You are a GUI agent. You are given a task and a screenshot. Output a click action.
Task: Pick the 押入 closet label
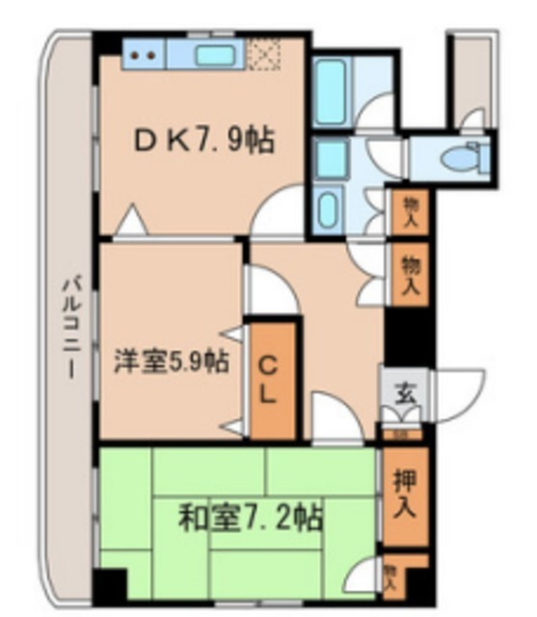click(x=404, y=494)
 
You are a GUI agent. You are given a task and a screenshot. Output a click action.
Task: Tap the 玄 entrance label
click(x=404, y=392)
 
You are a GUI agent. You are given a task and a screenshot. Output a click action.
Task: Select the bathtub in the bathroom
click(x=331, y=91)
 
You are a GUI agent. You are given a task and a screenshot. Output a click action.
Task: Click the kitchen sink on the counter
click(x=216, y=54)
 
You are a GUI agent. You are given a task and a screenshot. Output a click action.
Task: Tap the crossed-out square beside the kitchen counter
click(x=262, y=54)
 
